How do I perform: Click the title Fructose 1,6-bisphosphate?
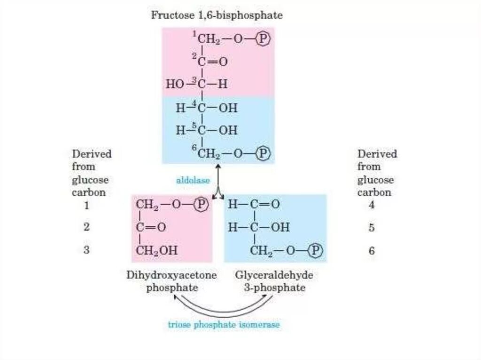pos(217,15)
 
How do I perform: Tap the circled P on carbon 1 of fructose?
pos(264,39)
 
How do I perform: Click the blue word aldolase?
pos(193,180)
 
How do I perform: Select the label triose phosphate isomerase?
pos(224,324)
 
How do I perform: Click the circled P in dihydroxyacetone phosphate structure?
pos(202,204)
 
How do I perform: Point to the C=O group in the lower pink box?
pos(151,228)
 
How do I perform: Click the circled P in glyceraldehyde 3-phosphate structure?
pos(317,251)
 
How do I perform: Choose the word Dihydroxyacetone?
pos(171,276)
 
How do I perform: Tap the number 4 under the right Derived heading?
pos(372,205)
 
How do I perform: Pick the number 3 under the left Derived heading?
pos(86,250)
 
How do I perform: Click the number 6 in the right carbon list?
pos(372,251)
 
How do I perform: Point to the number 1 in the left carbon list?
pos(86,205)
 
